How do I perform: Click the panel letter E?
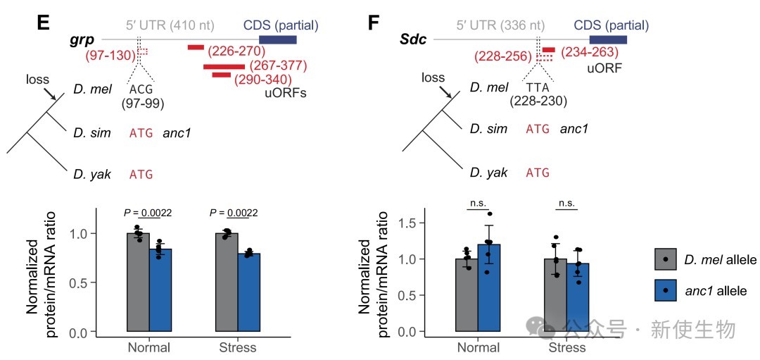point(43,23)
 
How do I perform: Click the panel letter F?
point(374,23)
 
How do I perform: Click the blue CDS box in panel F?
point(608,39)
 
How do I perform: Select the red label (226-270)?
point(236,51)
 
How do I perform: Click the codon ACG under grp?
point(141,89)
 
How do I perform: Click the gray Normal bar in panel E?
point(138,282)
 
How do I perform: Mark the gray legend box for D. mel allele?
point(666,259)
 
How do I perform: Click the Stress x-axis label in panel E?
point(237,347)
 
